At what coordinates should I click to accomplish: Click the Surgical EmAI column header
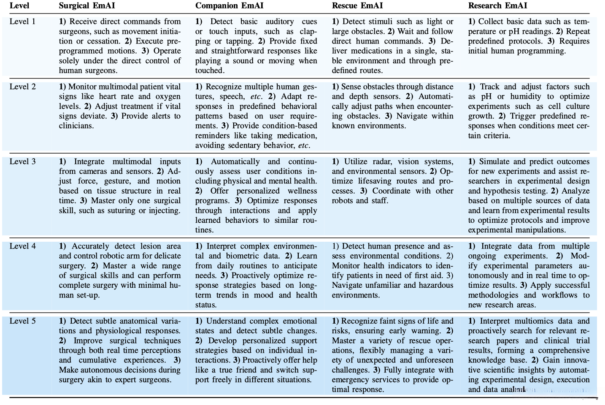[86, 6]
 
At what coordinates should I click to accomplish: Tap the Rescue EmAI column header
[358, 6]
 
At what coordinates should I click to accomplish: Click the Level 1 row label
[22, 22]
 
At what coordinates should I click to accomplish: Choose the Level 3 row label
[22, 162]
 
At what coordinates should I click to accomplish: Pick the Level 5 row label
[22, 321]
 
